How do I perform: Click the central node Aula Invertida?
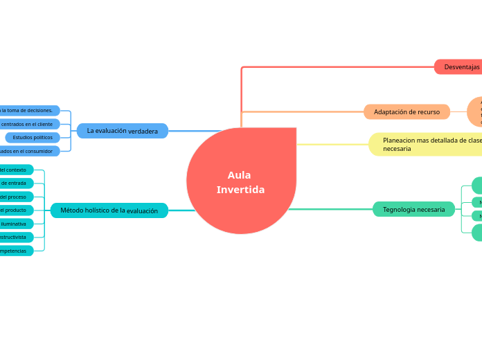tap(241, 181)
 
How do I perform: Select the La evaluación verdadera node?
tap(123, 131)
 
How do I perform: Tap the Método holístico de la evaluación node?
tap(109, 210)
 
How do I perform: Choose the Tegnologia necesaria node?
tap(413, 209)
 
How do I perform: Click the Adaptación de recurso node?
tap(407, 111)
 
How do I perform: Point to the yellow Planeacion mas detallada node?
tap(429, 144)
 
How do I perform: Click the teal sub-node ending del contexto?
tap(15, 170)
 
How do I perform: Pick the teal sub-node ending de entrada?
tap(15, 183)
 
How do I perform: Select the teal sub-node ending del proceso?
tap(15, 197)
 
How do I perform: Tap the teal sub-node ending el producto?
tap(15, 210)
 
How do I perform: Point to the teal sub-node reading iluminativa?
tap(15, 224)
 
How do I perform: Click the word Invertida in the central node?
tap(240, 190)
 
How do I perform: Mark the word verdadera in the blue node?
tap(143, 131)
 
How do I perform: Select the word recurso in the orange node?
tap(428, 111)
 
